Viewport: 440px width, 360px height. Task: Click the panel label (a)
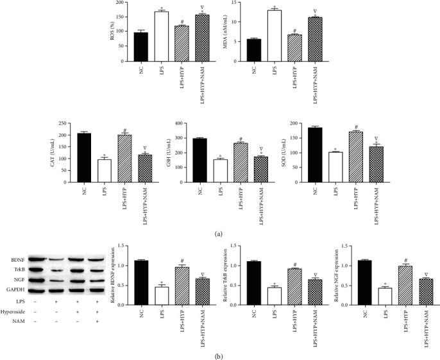pyautogui.click(x=218, y=234)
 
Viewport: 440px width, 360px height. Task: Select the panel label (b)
pyautogui.click(x=218, y=353)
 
